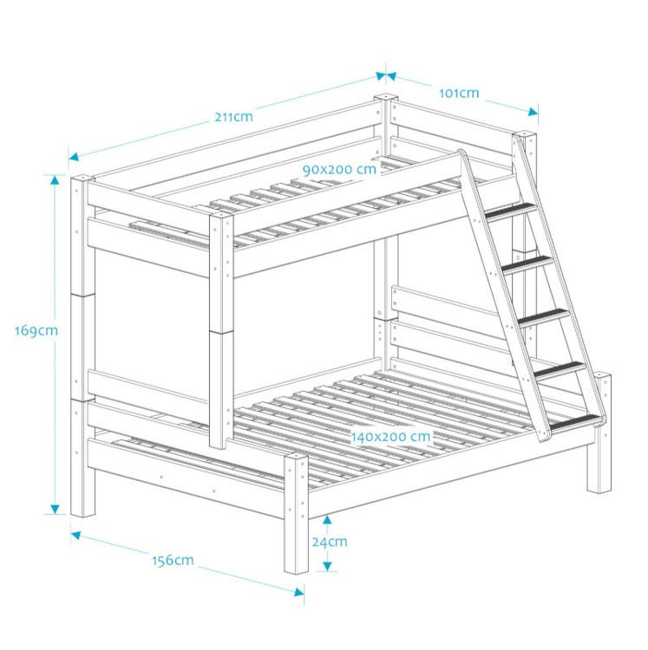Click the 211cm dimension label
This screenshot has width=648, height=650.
point(233,117)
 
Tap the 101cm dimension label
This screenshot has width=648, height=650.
point(459,94)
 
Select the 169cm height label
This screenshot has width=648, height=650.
point(36,331)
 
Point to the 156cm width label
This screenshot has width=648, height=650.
point(173,561)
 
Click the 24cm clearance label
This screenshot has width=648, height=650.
point(330,542)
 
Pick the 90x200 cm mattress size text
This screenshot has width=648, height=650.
point(339,170)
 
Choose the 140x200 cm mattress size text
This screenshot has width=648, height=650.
point(390,437)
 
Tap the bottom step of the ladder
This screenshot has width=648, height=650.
point(574,422)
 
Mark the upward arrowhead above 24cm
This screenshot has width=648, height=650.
point(327,519)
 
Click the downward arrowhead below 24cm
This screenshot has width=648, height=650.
point(327,567)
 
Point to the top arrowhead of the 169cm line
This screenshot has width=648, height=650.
point(55,179)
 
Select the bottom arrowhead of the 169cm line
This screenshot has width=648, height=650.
point(55,510)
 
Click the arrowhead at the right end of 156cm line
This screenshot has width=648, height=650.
point(299,592)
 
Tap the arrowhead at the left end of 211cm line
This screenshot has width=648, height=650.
point(74,157)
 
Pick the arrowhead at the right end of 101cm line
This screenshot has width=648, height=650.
point(533,112)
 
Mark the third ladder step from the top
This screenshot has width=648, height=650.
point(544,317)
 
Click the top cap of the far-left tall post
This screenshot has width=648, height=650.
point(82,179)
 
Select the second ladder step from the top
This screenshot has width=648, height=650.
point(527,264)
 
